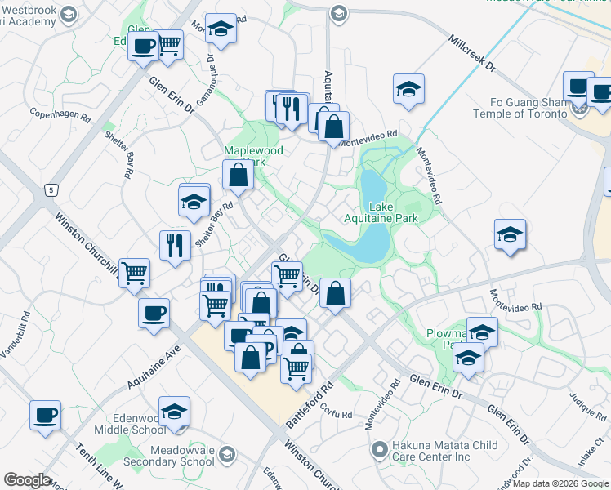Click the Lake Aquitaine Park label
(393, 212)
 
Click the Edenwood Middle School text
(131, 423)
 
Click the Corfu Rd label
(336, 412)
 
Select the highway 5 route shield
(50, 190)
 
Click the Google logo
(27, 480)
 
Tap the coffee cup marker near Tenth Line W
(45, 415)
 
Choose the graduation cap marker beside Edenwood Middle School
(174, 412)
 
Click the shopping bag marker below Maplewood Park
(238, 174)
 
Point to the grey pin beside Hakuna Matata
(378, 449)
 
